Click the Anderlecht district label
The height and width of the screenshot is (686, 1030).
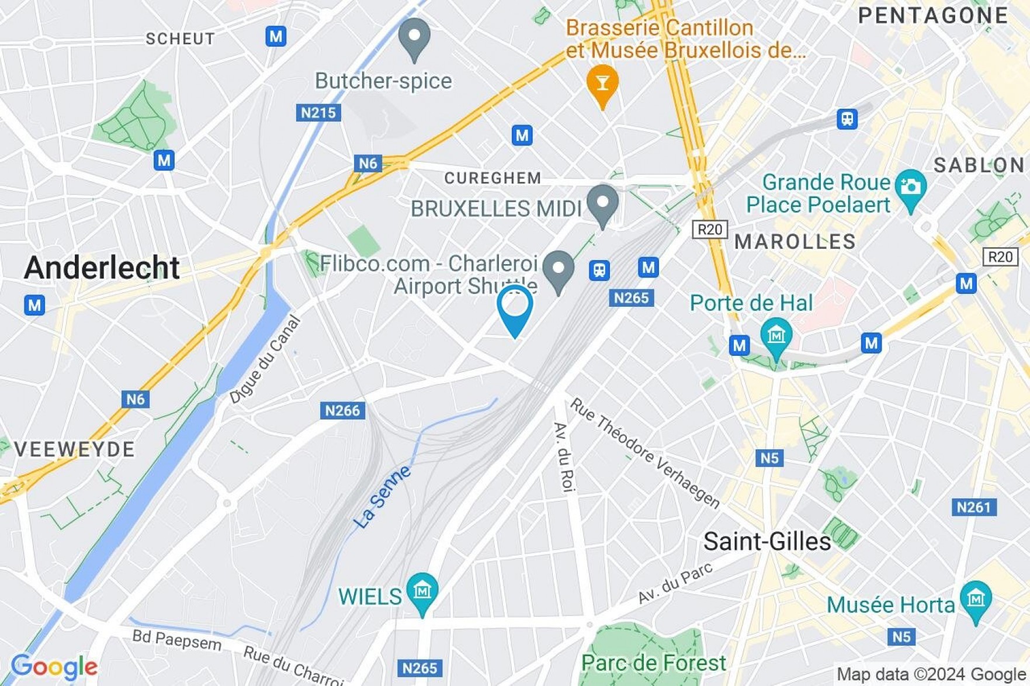point(102,268)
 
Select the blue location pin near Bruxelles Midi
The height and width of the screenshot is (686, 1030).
point(514,309)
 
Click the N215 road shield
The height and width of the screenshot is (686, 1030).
point(318,112)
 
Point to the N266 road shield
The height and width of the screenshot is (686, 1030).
point(342,410)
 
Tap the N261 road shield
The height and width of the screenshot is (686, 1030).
point(973,507)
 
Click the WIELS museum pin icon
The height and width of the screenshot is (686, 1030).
point(422,591)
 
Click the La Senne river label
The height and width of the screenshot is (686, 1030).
point(382,497)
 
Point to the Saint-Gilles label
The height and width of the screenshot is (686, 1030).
point(767,542)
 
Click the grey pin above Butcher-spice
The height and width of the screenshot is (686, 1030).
point(414,37)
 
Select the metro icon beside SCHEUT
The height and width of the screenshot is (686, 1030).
point(276,36)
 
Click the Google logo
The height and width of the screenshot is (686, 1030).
point(54,667)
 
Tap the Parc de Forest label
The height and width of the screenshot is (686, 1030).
point(653,663)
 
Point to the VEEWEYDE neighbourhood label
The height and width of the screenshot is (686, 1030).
point(74,449)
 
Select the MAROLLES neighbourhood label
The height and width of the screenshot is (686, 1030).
point(795,241)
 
